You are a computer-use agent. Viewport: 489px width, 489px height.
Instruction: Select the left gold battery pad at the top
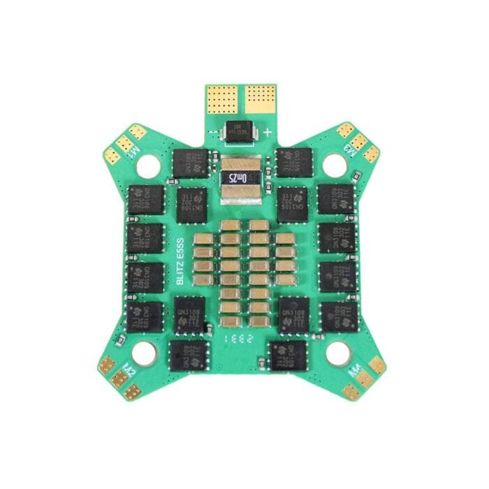[x=223, y=99]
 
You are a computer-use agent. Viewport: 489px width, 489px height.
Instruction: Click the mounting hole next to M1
[x=148, y=165]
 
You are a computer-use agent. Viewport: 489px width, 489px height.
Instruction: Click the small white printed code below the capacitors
[x=233, y=337]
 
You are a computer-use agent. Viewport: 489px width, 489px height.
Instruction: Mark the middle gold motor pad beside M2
[x=119, y=377]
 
